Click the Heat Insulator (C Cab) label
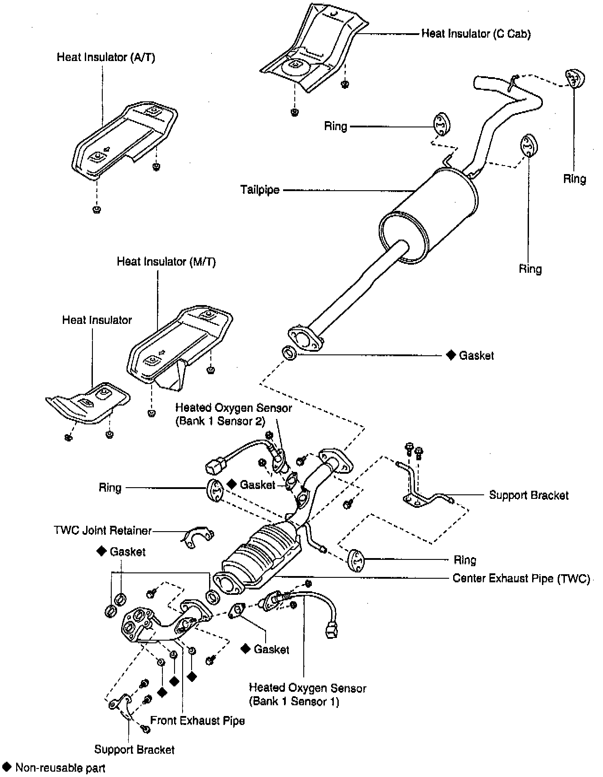(x=476, y=34)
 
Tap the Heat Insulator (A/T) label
(x=106, y=57)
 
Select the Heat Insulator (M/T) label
(x=166, y=262)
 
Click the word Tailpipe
(x=260, y=190)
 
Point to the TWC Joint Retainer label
(x=103, y=531)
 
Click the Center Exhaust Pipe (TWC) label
(x=521, y=578)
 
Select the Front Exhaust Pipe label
(x=197, y=720)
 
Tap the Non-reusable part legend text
(x=60, y=768)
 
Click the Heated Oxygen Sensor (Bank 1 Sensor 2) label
(x=233, y=415)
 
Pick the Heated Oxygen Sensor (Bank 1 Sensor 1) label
(x=307, y=694)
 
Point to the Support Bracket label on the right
(x=529, y=495)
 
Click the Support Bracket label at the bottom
(x=134, y=749)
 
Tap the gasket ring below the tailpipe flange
(x=290, y=353)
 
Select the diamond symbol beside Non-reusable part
(x=7, y=767)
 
